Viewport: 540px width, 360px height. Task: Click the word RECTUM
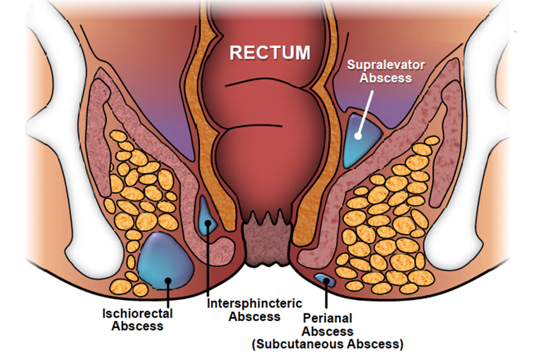coord(270,53)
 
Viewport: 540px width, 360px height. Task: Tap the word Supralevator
coord(386,65)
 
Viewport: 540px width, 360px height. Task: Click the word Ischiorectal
coord(138,313)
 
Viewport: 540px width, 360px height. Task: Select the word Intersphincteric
coord(254,303)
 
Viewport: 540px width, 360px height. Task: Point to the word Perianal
coord(327,318)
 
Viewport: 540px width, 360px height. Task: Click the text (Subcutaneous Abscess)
coord(327,344)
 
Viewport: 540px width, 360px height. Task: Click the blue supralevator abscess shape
coord(361,139)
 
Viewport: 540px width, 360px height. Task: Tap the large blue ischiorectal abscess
coord(165,261)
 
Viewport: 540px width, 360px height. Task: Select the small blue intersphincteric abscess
coord(207,216)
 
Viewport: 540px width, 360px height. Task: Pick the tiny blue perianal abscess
coord(325,280)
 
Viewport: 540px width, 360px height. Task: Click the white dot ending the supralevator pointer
coord(358,136)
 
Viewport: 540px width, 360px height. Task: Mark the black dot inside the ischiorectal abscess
coord(168,281)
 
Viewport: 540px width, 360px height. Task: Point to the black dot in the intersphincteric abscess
coord(208,223)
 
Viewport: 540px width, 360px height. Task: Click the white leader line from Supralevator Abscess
coord(366,112)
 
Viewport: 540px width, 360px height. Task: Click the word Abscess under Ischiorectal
coord(137,326)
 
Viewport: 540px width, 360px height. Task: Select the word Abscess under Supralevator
coord(386,78)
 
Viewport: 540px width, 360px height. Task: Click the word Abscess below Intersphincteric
coord(254,317)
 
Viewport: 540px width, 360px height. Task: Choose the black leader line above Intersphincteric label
coord(208,259)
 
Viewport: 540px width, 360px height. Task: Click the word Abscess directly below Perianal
coord(327,331)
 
